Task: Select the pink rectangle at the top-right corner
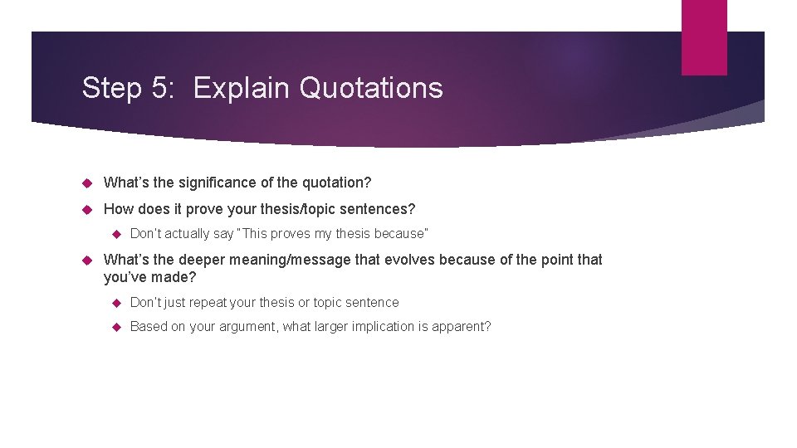point(704,37)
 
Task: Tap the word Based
point(149,327)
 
